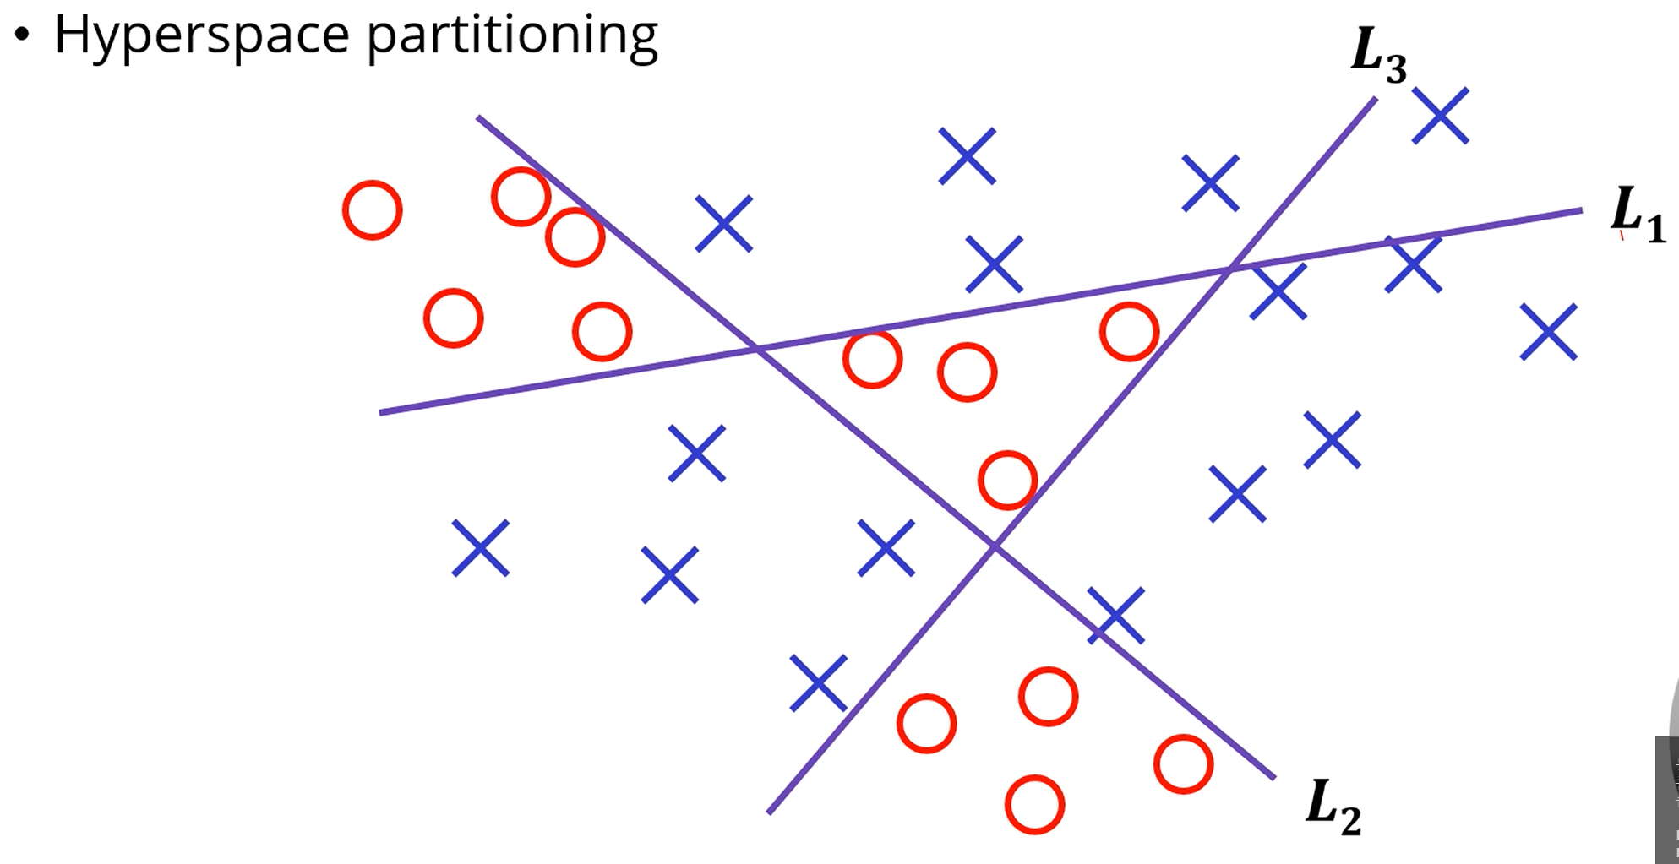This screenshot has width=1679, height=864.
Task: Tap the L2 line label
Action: pos(1333,807)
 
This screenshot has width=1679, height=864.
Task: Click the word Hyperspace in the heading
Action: pos(201,35)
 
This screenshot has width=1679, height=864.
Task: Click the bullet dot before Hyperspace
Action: pos(22,35)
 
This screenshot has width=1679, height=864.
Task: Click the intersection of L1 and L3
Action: pos(1231,269)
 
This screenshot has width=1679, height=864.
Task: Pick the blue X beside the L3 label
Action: pos(1440,116)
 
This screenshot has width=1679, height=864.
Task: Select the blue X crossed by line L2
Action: pos(1115,616)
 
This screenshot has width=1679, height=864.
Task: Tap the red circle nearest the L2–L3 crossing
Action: pos(1007,480)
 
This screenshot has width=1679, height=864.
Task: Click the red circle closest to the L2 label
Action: pos(1183,763)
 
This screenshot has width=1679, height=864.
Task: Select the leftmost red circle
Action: pos(372,209)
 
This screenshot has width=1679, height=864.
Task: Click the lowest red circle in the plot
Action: pos(1034,804)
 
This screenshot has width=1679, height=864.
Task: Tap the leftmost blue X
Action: pos(480,547)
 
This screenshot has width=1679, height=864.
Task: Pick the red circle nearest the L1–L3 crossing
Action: pos(1129,331)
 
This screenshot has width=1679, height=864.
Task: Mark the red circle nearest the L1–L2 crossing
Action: pos(872,359)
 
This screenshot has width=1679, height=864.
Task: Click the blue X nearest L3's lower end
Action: pos(818,682)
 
